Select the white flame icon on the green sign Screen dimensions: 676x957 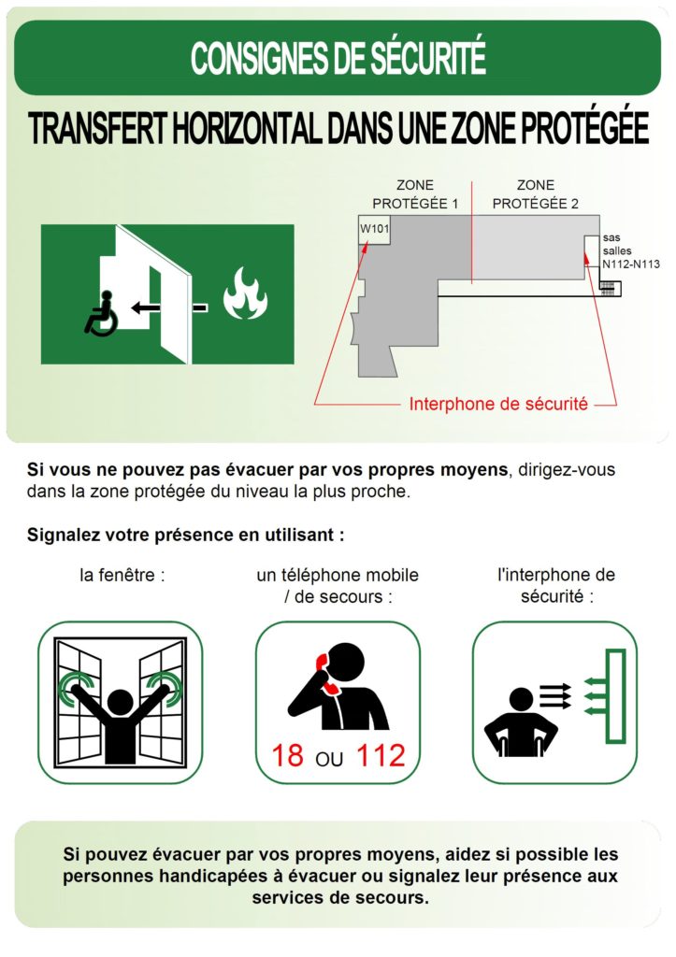point(245,293)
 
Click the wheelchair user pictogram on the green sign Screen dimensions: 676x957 point(100,313)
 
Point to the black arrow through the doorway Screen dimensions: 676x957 point(169,307)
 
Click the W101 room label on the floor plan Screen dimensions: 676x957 point(374,229)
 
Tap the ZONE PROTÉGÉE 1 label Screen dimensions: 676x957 point(415,194)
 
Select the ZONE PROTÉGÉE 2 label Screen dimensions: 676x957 point(536,194)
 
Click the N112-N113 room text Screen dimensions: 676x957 point(631,264)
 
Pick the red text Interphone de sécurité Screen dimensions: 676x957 point(498,404)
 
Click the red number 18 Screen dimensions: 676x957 point(288,755)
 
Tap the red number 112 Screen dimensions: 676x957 point(381,755)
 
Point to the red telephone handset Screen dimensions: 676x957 point(326,674)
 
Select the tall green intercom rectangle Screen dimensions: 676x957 point(615,695)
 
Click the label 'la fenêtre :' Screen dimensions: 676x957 point(122,575)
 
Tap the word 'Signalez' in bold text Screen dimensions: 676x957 point(64,535)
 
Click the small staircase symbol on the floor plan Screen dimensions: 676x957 point(610,288)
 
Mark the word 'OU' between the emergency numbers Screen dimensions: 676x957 point(330,759)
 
